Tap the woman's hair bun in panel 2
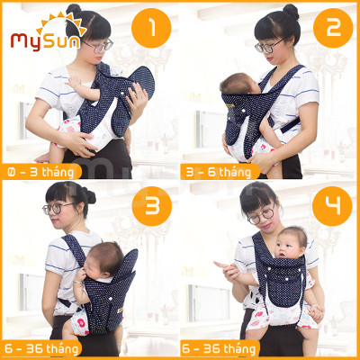(x=291, y=12)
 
